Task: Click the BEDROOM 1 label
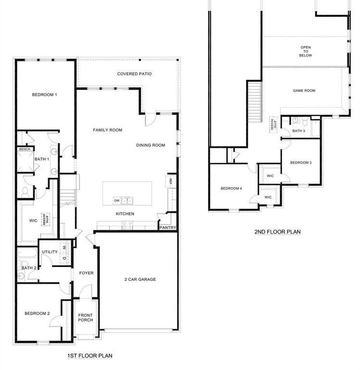point(45,95)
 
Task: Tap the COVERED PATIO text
point(134,74)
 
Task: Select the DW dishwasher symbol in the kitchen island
point(116,200)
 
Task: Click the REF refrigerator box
point(170,181)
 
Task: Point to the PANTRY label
point(168,228)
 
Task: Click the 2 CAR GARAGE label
point(140,279)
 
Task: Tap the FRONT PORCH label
point(86,318)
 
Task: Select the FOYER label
point(86,273)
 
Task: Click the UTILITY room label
point(50,252)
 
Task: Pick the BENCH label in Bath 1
point(25,149)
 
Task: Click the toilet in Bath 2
point(22,276)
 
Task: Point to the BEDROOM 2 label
point(38,314)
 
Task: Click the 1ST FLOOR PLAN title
point(90,356)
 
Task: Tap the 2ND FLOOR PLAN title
point(277,232)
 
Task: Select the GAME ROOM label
point(304,91)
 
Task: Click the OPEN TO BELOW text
point(306,51)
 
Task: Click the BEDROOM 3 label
point(301,163)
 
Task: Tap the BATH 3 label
point(298,131)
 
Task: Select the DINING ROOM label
point(151,145)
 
